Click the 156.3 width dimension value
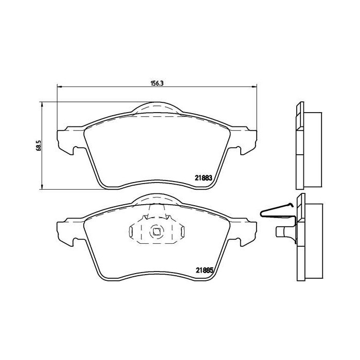(x=156, y=83)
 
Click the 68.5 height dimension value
(x=39, y=146)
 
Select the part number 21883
(x=203, y=178)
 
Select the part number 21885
(x=205, y=271)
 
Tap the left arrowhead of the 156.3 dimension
(x=60, y=86)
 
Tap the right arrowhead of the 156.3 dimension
(x=254, y=86)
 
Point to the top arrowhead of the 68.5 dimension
(x=42, y=105)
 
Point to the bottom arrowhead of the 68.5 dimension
(x=42, y=186)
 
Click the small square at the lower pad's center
(x=156, y=232)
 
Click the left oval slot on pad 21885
(x=131, y=231)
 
